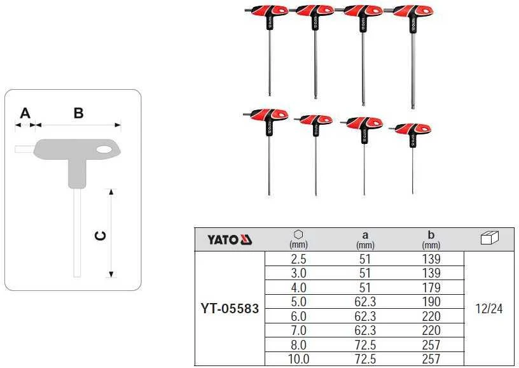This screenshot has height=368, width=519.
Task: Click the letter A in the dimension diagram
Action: tap(25, 113)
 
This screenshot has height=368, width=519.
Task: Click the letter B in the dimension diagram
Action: tap(78, 113)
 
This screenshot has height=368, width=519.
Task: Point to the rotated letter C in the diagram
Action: tap(100, 236)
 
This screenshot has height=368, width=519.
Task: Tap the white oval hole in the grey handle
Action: tap(104, 150)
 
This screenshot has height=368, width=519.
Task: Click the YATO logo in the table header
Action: tap(230, 239)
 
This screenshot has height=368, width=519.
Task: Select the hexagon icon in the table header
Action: tap(298, 234)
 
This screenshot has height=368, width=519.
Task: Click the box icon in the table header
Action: tap(489, 237)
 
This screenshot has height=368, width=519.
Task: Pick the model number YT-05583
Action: tap(230, 309)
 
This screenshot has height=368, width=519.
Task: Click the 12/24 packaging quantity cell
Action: tap(489, 309)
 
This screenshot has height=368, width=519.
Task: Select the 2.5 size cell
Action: tap(298, 259)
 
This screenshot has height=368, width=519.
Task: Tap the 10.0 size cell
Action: tap(298, 359)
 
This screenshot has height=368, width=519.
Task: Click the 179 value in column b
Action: tap(431, 288)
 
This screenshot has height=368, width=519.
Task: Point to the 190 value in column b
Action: tap(431, 302)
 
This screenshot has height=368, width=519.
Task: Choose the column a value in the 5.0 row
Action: tap(365, 302)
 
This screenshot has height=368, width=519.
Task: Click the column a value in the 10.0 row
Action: tap(365, 359)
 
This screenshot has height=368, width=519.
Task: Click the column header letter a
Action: tap(365, 235)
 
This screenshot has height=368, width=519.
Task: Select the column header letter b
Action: tap(431, 234)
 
